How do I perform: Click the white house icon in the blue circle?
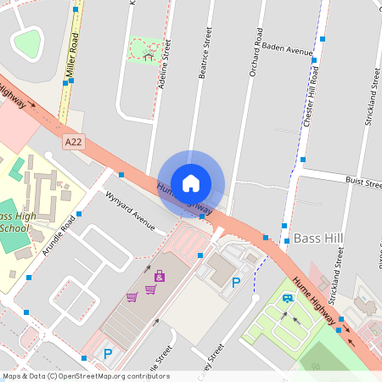point(191,182)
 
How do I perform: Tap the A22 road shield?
point(75,144)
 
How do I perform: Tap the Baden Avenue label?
point(288,49)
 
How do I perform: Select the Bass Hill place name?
point(317,238)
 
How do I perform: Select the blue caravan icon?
point(289,298)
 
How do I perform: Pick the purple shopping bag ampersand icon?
point(160,276)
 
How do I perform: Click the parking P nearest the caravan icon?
point(236,283)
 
